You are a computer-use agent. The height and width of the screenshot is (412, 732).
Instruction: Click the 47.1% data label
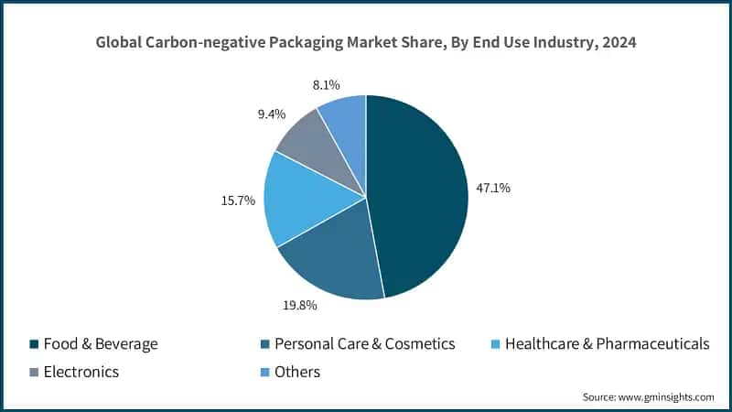493,188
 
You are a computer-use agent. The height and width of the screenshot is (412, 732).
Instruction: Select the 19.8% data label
298,306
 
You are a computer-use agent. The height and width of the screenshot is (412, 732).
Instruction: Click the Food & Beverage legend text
101,344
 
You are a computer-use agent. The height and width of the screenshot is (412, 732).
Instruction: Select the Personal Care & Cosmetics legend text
364,344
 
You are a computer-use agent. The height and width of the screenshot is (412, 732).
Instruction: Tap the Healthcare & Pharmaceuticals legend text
607,344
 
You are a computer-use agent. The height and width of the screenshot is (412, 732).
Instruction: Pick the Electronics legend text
81,372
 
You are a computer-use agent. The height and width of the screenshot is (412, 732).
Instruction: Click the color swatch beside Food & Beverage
34,344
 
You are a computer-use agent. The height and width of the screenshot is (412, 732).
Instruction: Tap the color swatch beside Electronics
34,372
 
